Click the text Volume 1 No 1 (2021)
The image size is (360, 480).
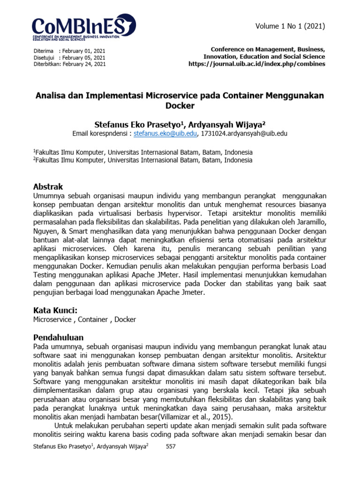[290, 26]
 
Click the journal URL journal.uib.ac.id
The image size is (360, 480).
[256, 64]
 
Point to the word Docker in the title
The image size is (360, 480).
[180, 106]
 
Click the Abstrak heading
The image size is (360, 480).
[48, 186]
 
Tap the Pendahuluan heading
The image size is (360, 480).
[59, 337]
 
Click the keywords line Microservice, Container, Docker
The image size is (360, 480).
[85, 320]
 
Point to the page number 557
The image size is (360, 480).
[171, 447]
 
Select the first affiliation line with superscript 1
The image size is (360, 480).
[143, 152]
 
